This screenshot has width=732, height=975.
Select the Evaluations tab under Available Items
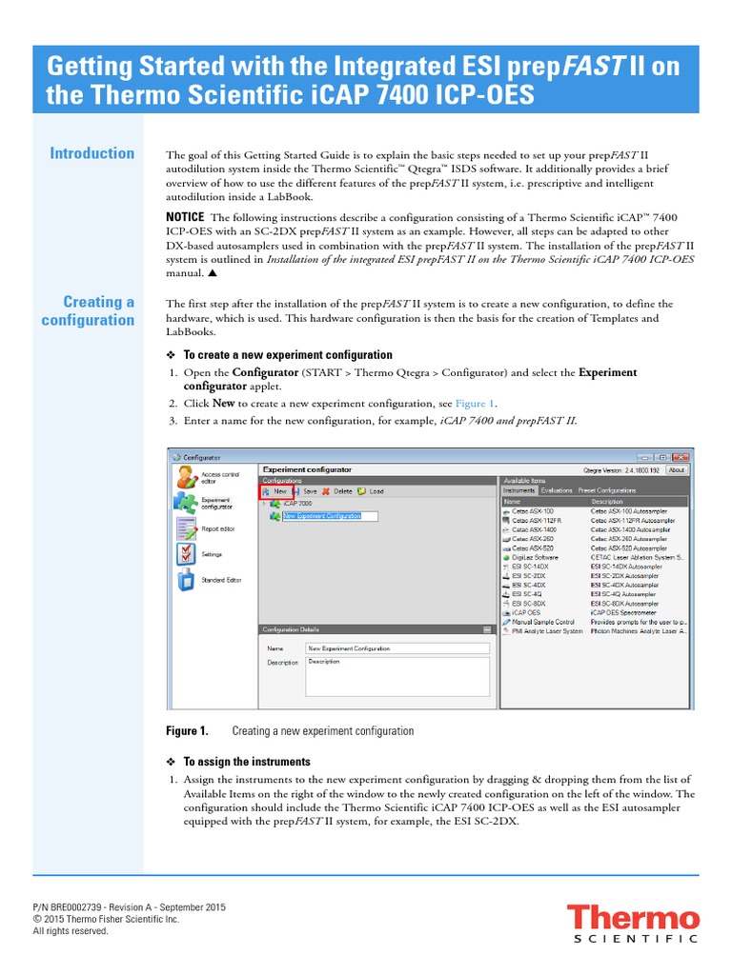(555, 491)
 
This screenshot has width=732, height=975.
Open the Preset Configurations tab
(608, 491)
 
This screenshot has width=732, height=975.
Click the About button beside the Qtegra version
(676, 469)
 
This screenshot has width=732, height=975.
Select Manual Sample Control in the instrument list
(542, 622)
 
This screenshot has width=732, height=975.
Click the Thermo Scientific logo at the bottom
(633, 925)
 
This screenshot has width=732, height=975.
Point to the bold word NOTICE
(185, 217)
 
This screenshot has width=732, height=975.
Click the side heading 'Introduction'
(92, 153)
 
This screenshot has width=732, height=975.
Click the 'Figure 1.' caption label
(187, 731)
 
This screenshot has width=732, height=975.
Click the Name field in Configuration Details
(396, 648)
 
